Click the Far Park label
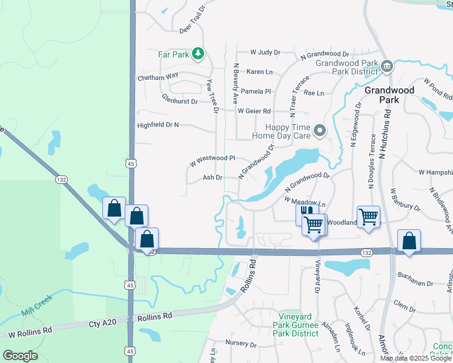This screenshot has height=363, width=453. coord(174,54)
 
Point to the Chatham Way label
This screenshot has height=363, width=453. coord(158,77)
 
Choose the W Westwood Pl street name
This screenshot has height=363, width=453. coord(211,160)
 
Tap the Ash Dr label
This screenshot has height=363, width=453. coord(212,177)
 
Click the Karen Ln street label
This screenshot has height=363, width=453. coord(259,72)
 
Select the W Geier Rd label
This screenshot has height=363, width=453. coord(254,111)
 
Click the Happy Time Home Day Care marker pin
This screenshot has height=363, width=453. coord(319,129)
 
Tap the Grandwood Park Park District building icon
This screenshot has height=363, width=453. coord(387,65)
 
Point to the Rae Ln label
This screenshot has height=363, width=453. coord(314,93)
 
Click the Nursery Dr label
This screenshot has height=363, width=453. coord(240,343)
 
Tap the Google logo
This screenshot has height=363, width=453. coord(20,355)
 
